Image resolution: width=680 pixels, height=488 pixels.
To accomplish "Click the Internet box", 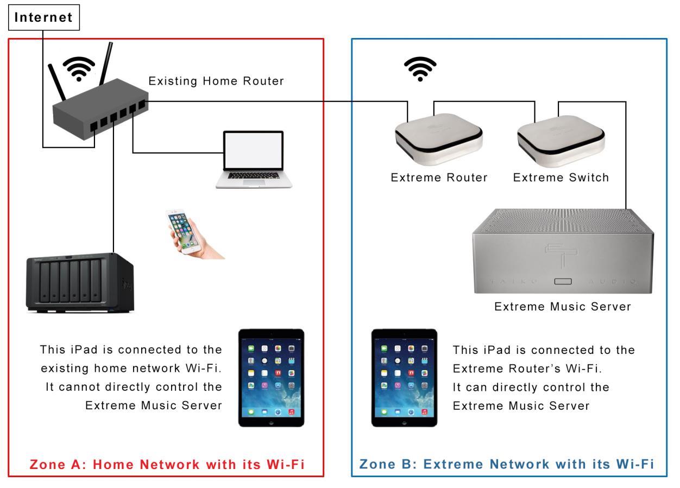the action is [44, 17].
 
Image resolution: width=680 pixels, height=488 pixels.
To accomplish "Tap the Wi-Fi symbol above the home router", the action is [79, 69].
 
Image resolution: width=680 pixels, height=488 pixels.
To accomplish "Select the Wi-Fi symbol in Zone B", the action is [420, 69].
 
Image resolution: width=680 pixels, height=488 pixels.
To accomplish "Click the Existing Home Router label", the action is [216, 81].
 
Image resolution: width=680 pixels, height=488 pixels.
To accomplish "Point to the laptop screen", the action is [254, 150].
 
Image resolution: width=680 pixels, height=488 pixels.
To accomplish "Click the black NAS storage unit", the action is [80, 283].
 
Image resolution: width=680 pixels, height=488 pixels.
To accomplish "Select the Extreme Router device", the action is [439, 140].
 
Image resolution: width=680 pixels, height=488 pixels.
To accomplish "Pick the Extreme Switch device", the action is [561, 141].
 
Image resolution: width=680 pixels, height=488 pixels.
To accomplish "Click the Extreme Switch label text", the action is [561, 178].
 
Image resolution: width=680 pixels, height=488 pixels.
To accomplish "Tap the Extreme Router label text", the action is [439, 178].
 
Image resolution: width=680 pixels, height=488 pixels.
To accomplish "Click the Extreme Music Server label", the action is [563, 307].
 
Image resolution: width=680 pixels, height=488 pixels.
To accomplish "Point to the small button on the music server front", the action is [563, 282].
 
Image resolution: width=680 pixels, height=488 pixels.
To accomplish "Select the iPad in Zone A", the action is [272, 378].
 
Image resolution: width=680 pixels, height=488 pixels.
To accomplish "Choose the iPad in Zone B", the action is [404, 378].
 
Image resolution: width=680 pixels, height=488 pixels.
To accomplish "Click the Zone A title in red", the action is [167, 465].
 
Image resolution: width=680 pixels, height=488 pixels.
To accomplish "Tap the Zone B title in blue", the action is [507, 464].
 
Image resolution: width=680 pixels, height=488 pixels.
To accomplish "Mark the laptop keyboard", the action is [254, 176].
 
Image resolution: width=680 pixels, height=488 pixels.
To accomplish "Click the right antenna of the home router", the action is [106, 64].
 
